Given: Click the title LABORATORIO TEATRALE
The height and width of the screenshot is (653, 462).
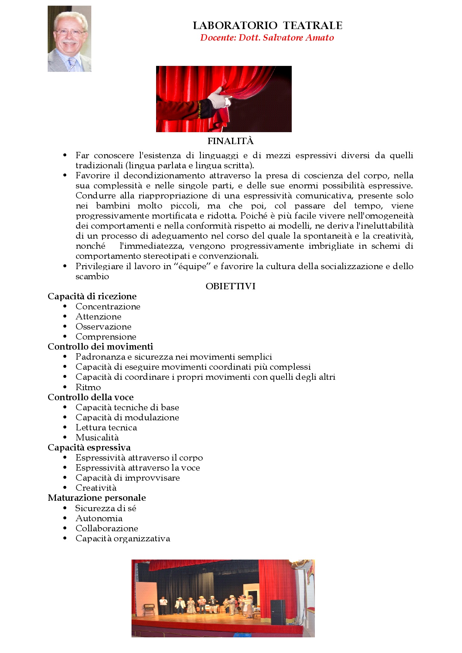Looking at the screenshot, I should [268, 25].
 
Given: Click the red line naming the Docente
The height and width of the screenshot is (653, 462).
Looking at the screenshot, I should [267, 38].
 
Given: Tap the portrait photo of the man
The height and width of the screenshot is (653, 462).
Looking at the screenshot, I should [69, 39].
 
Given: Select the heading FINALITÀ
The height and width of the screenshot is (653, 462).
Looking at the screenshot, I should [230, 141].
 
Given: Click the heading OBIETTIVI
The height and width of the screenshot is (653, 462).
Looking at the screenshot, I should [230, 286].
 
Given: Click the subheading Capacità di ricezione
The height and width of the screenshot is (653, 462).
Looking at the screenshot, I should [92, 296].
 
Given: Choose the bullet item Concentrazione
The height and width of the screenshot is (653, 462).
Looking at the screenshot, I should [108, 306].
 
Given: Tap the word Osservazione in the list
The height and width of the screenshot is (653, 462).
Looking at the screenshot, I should [103, 326].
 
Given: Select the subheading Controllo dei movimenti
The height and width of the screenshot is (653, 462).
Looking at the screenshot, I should [100, 347].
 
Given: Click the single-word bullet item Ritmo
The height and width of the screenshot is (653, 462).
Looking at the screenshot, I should [88, 387].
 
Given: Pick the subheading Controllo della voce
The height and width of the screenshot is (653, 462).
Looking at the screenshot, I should [91, 397].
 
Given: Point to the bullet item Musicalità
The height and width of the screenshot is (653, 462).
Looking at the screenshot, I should [97, 437].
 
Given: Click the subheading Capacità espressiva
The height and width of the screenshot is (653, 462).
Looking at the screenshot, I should [89, 447].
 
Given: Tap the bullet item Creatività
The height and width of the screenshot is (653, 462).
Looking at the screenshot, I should [96, 488].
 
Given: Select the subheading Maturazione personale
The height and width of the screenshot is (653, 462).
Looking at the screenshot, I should [96, 498].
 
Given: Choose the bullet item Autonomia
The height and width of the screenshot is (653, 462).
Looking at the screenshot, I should [99, 518].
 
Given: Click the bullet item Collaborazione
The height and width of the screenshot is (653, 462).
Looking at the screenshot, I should [107, 528].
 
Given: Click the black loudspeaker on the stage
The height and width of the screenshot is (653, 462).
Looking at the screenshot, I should [278, 612].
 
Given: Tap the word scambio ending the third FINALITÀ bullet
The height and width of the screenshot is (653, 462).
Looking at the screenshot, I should [92, 276].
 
